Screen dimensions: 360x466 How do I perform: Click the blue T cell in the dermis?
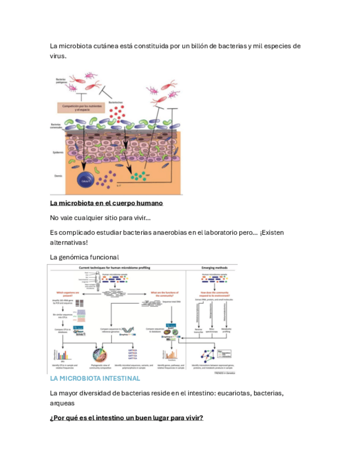[x=84, y=181]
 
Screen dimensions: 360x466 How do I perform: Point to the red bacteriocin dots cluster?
[x=114, y=114]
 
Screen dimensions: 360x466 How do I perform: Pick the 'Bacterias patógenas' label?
[x=61, y=81]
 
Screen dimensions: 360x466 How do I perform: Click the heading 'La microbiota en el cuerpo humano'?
[x=106, y=203]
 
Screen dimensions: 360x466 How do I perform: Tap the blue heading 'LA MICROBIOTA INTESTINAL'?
[x=95, y=379]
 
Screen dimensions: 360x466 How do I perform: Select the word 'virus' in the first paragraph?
[x=58, y=56]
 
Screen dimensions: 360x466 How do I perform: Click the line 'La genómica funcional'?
[x=84, y=257]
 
